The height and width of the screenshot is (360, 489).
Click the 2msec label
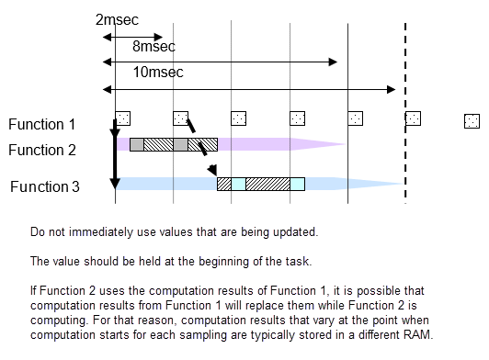[x=117, y=19]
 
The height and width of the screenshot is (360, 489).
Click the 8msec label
[x=154, y=45]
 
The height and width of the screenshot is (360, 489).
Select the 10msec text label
[x=157, y=72]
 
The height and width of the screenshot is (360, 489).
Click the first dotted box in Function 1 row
[x=122, y=118]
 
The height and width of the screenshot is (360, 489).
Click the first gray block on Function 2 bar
[x=136, y=144]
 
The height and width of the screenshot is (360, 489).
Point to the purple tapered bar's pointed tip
[x=345, y=144]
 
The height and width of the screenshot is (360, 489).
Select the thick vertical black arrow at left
[x=115, y=147]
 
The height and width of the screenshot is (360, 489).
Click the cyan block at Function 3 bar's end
[x=297, y=184]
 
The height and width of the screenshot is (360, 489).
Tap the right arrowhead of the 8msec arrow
[x=335, y=62]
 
